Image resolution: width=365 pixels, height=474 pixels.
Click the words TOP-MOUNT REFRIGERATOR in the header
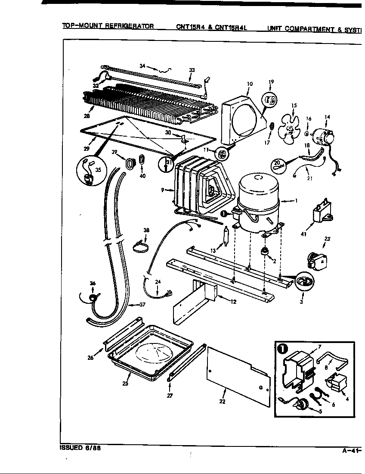tap(108, 26)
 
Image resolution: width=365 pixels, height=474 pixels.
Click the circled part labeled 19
tap(271, 101)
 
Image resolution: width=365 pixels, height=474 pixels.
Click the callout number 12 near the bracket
tap(233, 302)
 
